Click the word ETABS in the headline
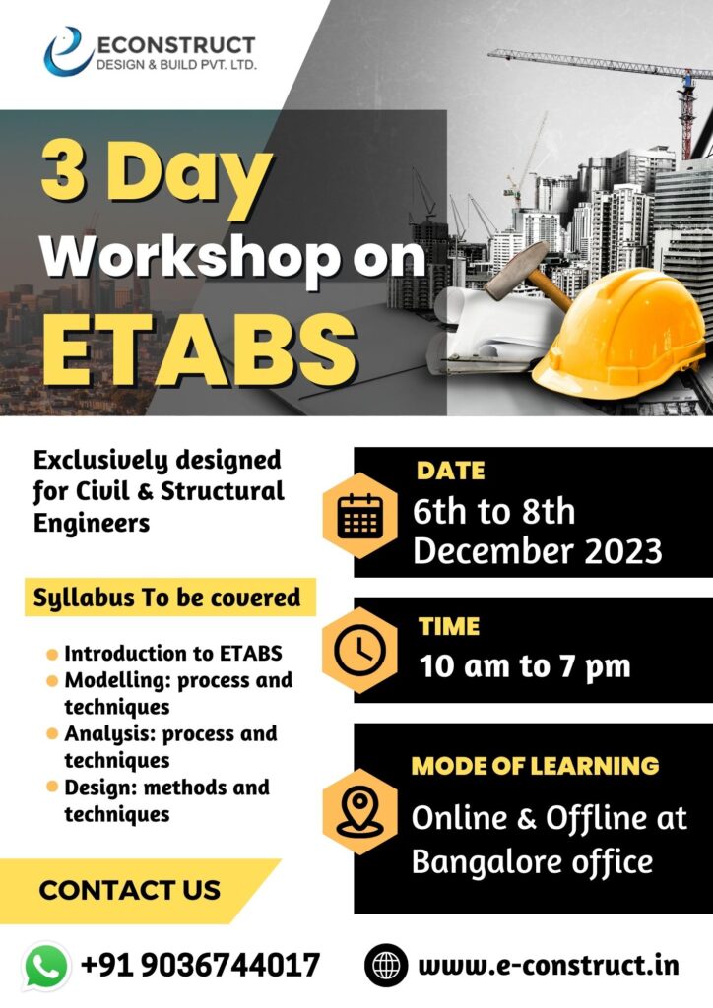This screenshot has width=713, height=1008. pyautogui.click(x=199, y=350)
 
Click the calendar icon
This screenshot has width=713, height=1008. pyautogui.click(x=360, y=516)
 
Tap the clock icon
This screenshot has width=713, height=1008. pyautogui.click(x=360, y=650)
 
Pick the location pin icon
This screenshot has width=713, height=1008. pyautogui.click(x=360, y=811)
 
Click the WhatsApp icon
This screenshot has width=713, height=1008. pyautogui.click(x=45, y=966)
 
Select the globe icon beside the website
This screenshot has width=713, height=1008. pyautogui.click(x=386, y=965)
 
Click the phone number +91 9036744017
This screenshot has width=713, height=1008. pyautogui.click(x=201, y=965)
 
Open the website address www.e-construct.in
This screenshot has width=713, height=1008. pyautogui.click(x=549, y=965)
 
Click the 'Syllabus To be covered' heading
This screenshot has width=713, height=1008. pyautogui.click(x=167, y=598)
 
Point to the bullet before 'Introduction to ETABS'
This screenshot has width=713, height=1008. pyautogui.click(x=53, y=655)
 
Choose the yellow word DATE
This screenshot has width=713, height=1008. pyautogui.click(x=451, y=471)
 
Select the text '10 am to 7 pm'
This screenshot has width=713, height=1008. pyautogui.click(x=525, y=666)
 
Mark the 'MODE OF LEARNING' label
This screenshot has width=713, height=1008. pyautogui.click(x=535, y=766)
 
